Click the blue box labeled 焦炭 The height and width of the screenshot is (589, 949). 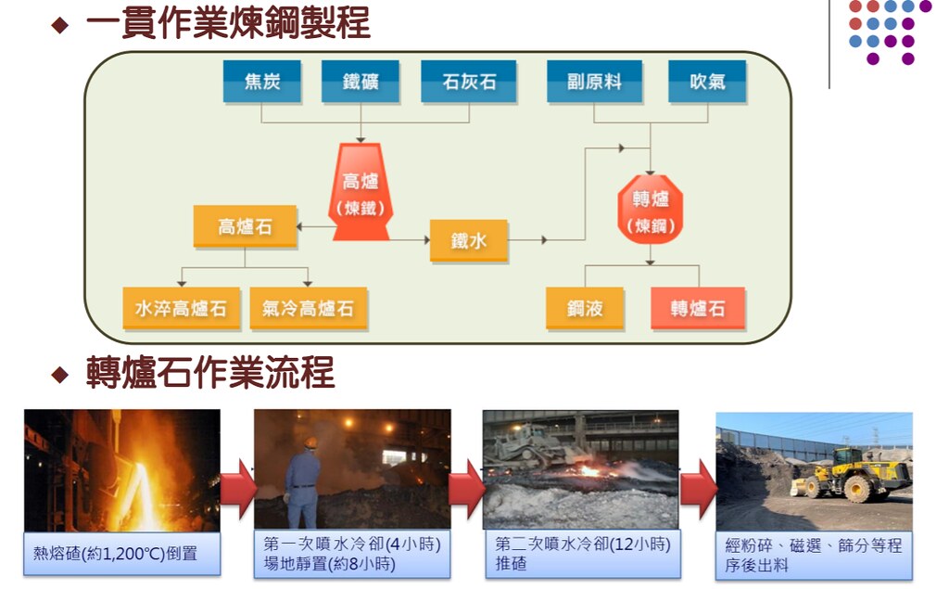(x=262, y=82)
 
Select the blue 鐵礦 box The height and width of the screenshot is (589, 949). (x=361, y=82)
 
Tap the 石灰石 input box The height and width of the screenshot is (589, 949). (x=468, y=82)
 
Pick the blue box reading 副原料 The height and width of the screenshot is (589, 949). (x=594, y=82)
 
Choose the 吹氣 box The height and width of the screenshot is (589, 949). (x=707, y=82)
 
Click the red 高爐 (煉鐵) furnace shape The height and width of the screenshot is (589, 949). (x=361, y=191)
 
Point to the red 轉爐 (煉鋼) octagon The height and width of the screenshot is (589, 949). (x=651, y=210)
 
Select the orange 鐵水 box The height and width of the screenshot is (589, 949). (x=468, y=240)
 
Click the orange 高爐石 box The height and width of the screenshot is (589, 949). (x=245, y=226)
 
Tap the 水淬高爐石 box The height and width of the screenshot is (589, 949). (x=181, y=309)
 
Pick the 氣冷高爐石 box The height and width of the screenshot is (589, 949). (x=308, y=309)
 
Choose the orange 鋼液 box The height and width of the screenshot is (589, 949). (x=585, y=309)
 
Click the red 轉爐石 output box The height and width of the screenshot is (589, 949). (x=698, y=309)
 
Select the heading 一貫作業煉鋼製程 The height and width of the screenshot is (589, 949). (x=228, y=23)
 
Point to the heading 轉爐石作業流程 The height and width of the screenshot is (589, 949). (x=210, y=372)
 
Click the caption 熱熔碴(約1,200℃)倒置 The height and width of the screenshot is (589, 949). (x=115, y=553)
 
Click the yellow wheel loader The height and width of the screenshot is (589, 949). (x=851, y=475)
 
